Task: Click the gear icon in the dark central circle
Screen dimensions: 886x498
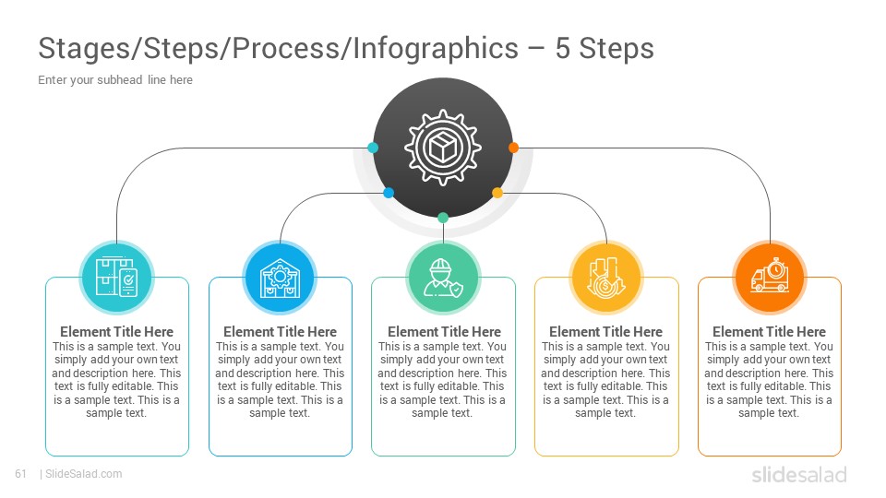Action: (443, 148)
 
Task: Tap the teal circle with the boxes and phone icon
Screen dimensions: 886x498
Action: (116, 278)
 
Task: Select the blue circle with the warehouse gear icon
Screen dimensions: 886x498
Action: (280, 278)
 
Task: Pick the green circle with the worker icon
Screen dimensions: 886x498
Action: (443, 278)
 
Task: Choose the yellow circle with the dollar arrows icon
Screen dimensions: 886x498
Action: (606, 278)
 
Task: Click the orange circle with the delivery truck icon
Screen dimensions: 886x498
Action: (770, 278)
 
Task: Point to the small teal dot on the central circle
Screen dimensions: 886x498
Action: (373, 148)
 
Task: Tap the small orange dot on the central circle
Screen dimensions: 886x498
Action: (513, 148)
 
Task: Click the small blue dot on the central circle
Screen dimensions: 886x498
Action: (389, 193)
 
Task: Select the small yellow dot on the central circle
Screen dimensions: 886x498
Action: (497, 193)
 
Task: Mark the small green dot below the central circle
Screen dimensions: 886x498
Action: (443, 218)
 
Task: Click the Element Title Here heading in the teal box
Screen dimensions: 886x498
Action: (116, 331)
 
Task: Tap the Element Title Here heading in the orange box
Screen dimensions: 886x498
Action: (769, 331)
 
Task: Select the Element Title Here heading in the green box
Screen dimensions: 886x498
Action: (444, 331)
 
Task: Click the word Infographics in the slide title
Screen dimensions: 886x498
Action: (436, 49)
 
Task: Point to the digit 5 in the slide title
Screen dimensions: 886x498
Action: (563, 49)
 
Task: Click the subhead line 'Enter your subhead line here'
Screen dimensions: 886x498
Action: (115, 80)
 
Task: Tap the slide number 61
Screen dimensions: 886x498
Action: (21, 474)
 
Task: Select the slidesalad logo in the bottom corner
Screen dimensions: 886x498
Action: (799, 475)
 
